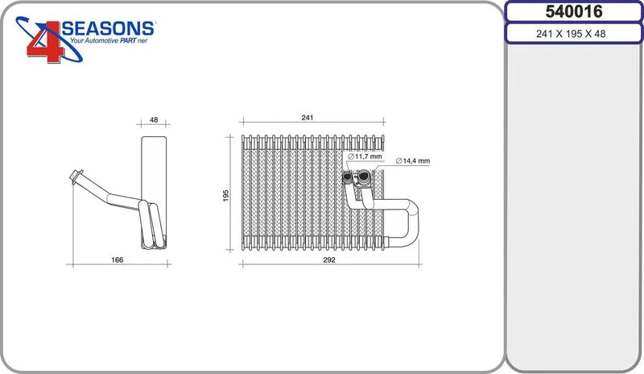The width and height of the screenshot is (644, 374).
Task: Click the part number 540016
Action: point(574,11)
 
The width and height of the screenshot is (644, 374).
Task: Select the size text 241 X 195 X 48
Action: point(571,34)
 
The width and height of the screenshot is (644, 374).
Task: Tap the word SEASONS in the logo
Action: point(108,28)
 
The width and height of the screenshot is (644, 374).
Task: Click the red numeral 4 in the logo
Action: point(45,42)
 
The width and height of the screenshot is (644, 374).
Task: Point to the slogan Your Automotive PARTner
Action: point(109,41)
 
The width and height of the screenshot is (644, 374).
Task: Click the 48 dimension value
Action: point(154,120)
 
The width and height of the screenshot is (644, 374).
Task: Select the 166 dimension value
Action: point(117,260)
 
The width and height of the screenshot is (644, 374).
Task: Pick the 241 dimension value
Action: point(308,118)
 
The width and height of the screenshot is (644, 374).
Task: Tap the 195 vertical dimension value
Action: point(226,195)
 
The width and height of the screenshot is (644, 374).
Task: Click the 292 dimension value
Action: point(329,260)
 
